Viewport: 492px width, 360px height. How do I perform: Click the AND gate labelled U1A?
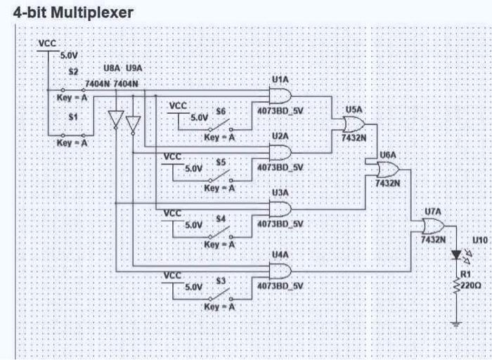[x=280, y=96]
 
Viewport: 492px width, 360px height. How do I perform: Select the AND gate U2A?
[x=280, y=152]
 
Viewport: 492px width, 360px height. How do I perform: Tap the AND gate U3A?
[x=280, y=209]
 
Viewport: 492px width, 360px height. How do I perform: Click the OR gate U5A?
[x=354, y=124]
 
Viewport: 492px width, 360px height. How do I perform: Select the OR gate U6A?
[x=387, y=169]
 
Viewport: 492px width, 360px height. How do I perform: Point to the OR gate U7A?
[x=432, y=226]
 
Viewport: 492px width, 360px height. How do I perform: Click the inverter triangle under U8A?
[x=117, y=120]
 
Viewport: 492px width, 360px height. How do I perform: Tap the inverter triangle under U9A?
[x=133, y=124]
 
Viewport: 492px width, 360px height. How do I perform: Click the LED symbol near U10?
[x=458, y=254]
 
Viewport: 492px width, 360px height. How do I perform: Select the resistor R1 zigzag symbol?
[x=458, y=285]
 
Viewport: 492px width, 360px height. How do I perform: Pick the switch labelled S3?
[x=221, y=295]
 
